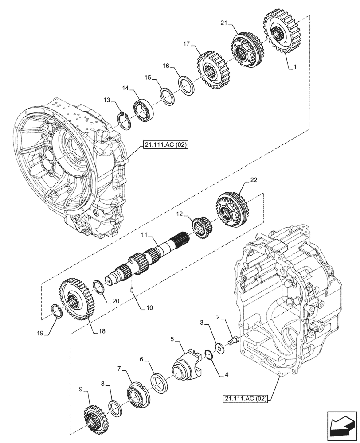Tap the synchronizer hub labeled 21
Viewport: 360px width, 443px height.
click(243, 50)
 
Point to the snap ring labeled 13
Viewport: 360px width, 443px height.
click(125, 121)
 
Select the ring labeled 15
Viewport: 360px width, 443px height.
click(167, 97)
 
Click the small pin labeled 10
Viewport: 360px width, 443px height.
click(133, 290)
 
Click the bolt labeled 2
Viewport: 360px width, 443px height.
click(232, 341)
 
